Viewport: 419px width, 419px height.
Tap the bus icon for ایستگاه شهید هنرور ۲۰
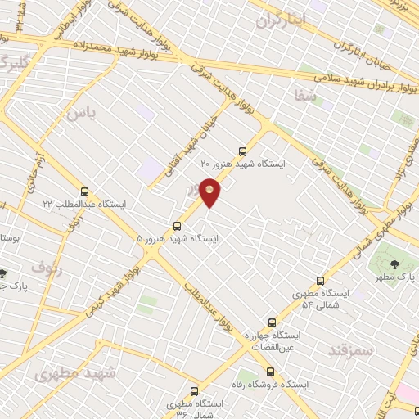[241, 151]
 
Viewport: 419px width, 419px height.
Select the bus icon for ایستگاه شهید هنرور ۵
[177, 226]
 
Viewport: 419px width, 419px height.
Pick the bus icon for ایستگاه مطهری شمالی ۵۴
[320, 280]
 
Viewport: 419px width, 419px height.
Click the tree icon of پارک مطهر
[395, 264]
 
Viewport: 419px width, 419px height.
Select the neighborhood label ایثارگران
[280, 18]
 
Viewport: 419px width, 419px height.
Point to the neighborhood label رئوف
[46, 266]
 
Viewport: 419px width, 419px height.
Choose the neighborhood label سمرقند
[350, 350]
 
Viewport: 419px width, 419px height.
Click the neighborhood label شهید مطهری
[76, 372]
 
